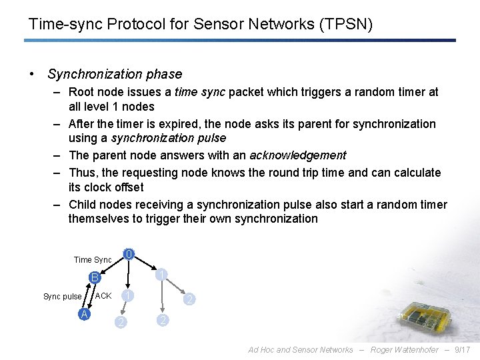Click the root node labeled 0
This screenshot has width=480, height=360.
point(129,253)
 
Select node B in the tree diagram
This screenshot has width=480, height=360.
point(95,277)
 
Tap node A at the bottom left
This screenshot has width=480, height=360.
point(84,314)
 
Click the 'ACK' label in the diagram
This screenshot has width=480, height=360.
point(103,295)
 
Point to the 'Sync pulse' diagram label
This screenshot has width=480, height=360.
point(62,297)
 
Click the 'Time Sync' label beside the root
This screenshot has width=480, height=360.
point(93,260)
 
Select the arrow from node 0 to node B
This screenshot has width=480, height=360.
point(113,265)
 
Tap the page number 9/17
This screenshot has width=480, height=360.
point(461,350)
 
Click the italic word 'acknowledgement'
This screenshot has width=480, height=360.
point(298,155)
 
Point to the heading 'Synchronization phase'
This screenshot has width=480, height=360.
point(115,74)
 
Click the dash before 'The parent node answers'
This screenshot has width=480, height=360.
point(58,155)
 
